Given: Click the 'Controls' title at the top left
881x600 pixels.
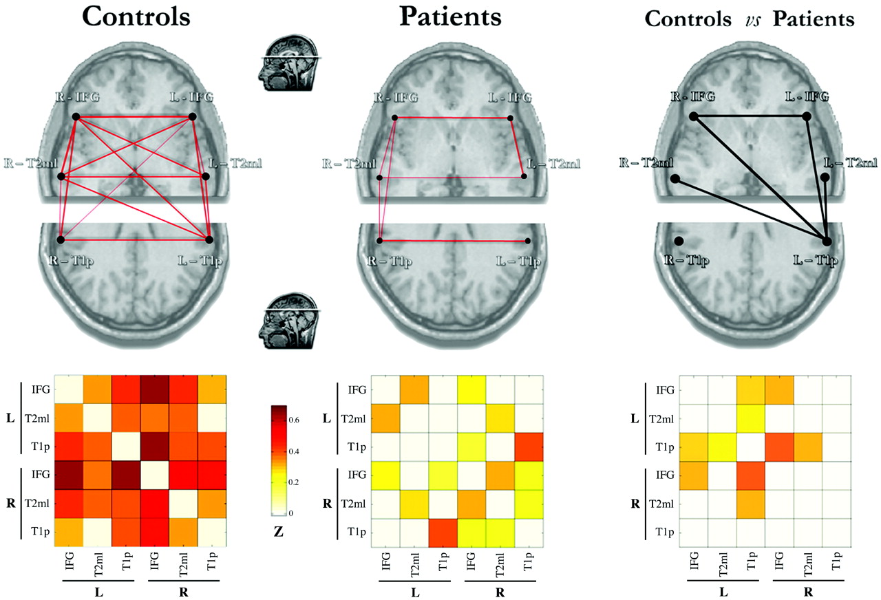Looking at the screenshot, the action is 136,17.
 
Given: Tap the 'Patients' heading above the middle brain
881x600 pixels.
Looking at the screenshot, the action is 450,17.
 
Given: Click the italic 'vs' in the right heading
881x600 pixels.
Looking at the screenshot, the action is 753,20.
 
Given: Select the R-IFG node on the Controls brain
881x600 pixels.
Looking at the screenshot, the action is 76,117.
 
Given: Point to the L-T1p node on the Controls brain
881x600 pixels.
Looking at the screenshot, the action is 209,239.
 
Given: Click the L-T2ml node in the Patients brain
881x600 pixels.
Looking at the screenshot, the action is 524,176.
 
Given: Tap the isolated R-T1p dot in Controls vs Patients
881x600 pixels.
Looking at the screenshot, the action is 679,241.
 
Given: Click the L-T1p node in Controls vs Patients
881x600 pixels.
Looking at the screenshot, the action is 827,242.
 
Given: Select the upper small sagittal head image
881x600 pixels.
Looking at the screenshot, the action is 289,63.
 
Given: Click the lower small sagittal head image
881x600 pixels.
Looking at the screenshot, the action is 289,321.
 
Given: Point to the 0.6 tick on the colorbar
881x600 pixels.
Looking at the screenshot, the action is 294,420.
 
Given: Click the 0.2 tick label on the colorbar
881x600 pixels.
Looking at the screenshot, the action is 294,482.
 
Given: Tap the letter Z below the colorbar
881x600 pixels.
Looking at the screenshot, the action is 279,532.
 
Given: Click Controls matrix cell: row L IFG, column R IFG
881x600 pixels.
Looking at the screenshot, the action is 155,389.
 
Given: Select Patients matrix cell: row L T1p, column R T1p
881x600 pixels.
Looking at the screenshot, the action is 529,447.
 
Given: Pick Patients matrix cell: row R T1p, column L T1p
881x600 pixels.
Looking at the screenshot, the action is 443,533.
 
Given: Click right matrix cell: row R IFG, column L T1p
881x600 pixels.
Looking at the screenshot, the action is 751,475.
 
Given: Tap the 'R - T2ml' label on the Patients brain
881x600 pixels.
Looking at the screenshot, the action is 349,164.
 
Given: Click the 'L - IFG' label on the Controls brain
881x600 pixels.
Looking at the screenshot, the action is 191,97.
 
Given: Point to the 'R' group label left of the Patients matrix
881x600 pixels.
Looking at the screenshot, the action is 327,504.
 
